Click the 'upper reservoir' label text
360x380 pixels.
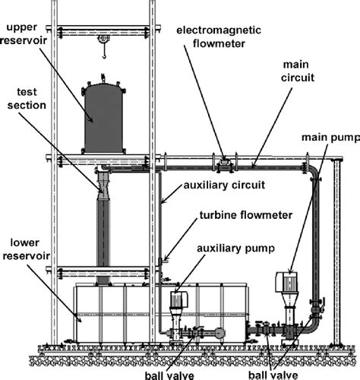click(27, 34)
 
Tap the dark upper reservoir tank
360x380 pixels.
click(105, 113)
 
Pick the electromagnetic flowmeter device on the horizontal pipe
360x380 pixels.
click(224, 163)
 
